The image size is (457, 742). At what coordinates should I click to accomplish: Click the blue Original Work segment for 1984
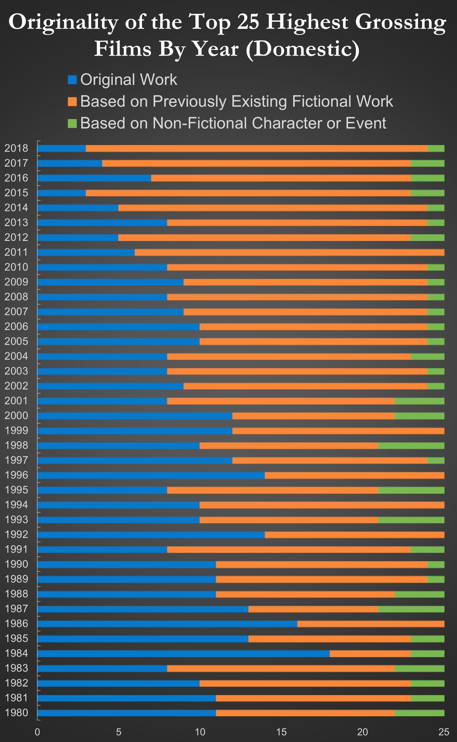pyautogui.click(x=183, y=654)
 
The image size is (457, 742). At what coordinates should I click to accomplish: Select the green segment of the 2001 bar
pyautogui.click(x=419, y=401)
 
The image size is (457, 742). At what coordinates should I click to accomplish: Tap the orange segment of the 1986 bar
pyautogui.click(x=371, y=624)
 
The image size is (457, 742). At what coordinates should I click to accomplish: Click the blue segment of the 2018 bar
pyautogui.click(x=61, y=148)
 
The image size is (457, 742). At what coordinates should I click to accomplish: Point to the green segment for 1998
pyautogui.click(x=411, y=445)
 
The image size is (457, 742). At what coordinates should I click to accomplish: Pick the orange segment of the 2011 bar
pyautogui.click(x=289, y=252)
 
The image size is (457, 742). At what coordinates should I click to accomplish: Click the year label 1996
pyautogui.click(x=16, y=475)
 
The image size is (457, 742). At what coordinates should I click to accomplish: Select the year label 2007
pyautogui.click(x=16, y=312)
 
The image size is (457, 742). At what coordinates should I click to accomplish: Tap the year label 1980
pyautogui.click(x=16, y=713)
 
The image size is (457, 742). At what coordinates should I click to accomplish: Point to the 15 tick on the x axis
pyautogui.click(x=281, y=732)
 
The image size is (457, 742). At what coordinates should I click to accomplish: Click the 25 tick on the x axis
pyautogui.click(x=444, y=732)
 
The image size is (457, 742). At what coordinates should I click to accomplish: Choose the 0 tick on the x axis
pyautogui.click(x=38, y=732)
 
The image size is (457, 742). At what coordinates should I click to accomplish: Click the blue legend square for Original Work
pyautogui.click(x=72, y=80)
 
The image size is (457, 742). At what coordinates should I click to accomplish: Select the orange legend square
pyautogui.click(x=72, y=102)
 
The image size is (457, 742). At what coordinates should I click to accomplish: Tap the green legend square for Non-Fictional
pyautogui.click(x=72, y=124)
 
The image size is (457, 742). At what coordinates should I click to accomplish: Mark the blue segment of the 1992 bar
pyautogui.click(x=151, y=535)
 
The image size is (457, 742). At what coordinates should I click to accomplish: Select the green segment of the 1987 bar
pyautogui.click(x=411, y=609)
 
